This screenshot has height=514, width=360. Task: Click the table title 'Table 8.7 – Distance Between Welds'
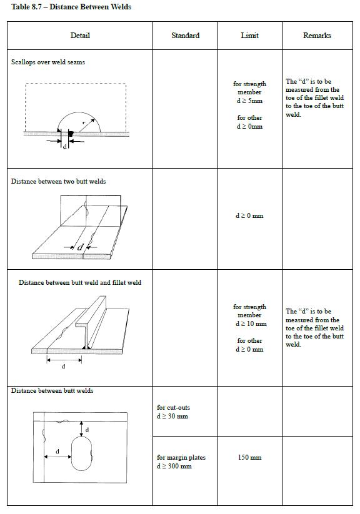coord(71,7)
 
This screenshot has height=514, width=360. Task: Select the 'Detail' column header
coord(80,36)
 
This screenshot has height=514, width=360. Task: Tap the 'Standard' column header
coord(185,36)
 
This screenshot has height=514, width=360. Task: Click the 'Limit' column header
coord(249,36)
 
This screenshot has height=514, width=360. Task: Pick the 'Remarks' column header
coord(317,36)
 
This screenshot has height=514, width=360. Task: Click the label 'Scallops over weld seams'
coord(48,62)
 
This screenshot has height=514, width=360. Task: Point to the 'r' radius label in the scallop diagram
coord(83,124)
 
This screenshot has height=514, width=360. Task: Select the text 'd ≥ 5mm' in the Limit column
coord(249,101)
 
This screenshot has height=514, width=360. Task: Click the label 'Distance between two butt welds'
coord(58,182)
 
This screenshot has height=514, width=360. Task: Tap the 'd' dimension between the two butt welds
coord(80,247)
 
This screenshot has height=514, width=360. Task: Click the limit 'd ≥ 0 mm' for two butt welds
coord(249,216)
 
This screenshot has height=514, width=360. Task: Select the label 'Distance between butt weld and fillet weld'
coord(80,282)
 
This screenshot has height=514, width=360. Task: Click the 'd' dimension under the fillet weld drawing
coord(63,367)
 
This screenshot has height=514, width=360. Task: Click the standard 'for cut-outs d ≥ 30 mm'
coord(172,412)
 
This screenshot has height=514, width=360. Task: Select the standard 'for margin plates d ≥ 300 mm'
coord(181,462)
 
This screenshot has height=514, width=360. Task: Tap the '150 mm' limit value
coord(249,458)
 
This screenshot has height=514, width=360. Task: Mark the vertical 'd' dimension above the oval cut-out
coord(86,429)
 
